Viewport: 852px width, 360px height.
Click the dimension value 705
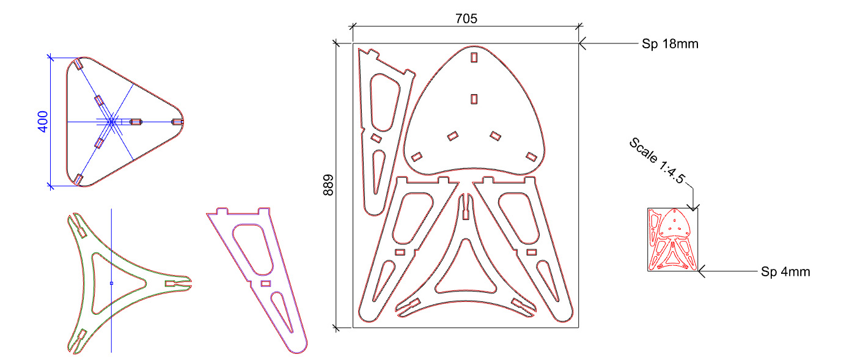coord(466,18)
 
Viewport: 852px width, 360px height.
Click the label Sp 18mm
coord(669,44)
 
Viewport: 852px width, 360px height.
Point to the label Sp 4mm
coord(785,271)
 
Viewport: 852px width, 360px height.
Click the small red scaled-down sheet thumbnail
coord(672,239)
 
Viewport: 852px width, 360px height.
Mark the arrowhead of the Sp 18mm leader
coord(581,43)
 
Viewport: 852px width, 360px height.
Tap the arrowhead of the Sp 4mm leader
coord(700,271)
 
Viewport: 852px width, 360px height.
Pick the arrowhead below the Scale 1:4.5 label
coord(694,208)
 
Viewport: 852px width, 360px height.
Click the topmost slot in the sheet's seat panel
coord(474,57)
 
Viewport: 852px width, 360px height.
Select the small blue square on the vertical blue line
coord(111,283)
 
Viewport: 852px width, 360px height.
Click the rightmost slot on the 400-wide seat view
coord(177,122)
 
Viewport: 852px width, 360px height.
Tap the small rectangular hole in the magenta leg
coord(265,284)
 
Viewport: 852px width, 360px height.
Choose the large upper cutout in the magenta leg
coord(253,251)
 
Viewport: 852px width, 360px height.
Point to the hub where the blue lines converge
coord(111,122)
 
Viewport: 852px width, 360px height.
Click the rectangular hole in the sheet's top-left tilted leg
coord(376,139)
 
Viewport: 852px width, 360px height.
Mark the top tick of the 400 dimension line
coord(50,57)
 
